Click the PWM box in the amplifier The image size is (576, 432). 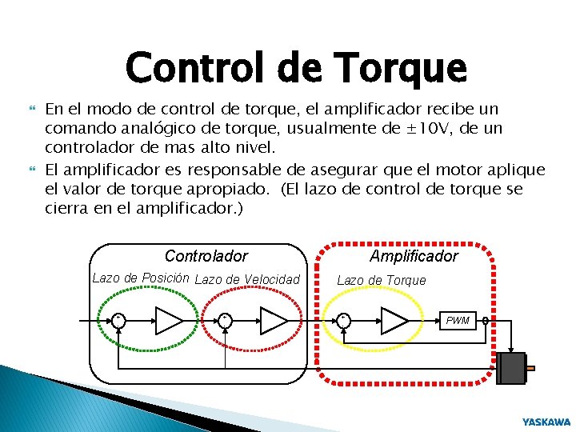pos(458,321)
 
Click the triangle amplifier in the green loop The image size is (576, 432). pos(169,320)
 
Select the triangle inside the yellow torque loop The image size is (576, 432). pos(394,320)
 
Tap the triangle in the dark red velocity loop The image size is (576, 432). pos(273,320)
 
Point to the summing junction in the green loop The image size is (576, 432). pos(118,320)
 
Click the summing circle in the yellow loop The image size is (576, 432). pos(344,320)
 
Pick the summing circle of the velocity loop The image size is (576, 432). pos(226,320)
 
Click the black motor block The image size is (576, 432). pos(510,369)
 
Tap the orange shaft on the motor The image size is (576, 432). pos(530,369)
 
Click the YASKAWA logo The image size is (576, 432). pos(546,422)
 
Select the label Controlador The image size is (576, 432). pos(206,257)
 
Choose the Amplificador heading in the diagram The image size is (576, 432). pos(414,256)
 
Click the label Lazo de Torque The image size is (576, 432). pos(381,280)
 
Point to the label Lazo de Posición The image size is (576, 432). pos(140,278)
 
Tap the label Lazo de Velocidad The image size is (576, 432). pos(247,279)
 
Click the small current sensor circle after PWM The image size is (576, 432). pos(486,321)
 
